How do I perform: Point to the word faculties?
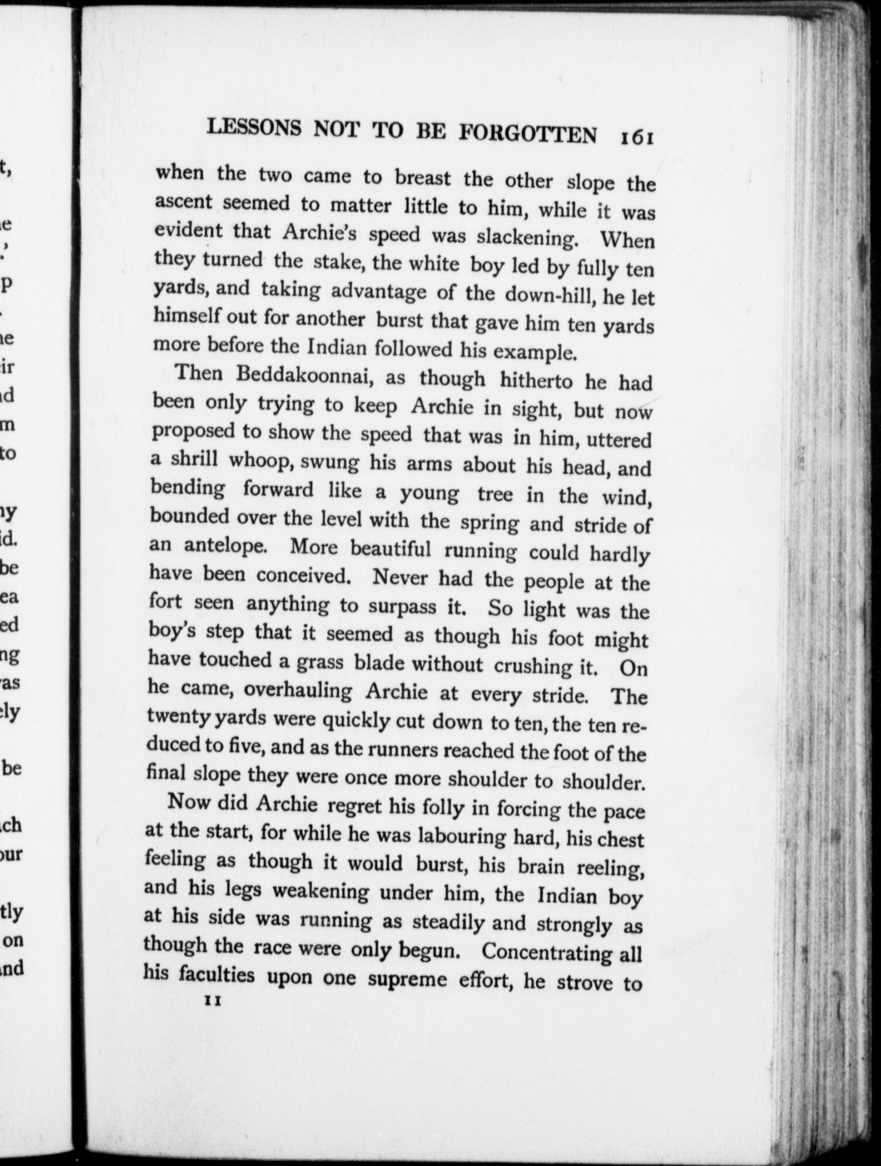point(210,975)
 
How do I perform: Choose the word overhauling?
point(298,691)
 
